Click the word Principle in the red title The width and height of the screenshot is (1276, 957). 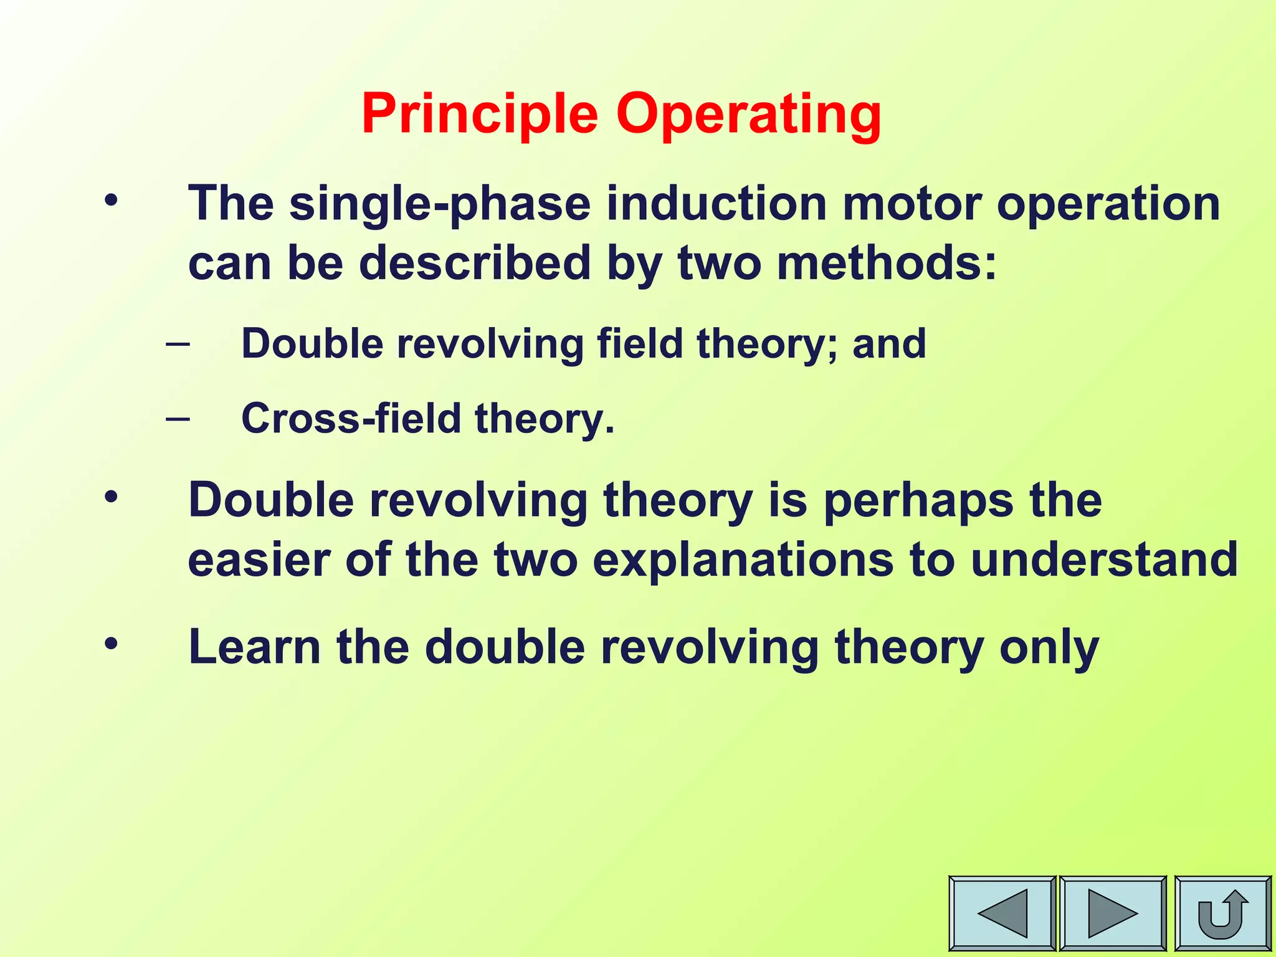pyautogui.click(x=479, y=114)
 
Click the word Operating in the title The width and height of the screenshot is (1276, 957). pyautogui.click(x=748, y=114)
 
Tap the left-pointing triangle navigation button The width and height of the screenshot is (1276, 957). pyautogui.click(x=1002, y=913)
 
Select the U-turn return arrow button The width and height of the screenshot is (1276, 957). pyautogui.click(x=1222, y=913)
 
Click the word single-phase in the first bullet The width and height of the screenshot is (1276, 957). pyautogui.click(x=440, y=204)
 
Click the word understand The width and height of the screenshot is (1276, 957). pyautogui.click(x=1104, y=559)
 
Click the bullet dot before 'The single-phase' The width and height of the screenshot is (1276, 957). pyautogui.click(x=111, y=201)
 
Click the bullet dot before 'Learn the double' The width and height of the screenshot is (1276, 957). pyautogui.click(x=111, y=644)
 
